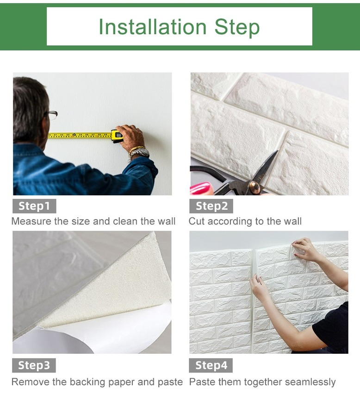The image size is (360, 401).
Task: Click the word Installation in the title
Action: (153, 27)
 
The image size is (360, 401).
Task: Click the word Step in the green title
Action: (237, 28)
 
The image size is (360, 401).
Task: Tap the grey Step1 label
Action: (34, 206)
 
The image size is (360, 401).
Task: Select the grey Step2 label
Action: (211, 206)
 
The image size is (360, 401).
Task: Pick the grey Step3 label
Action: (34, 365)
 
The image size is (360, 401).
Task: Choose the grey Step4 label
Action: (211, 365)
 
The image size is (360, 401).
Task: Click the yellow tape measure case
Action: (117, 136)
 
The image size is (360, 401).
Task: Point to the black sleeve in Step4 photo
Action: (332, 325)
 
